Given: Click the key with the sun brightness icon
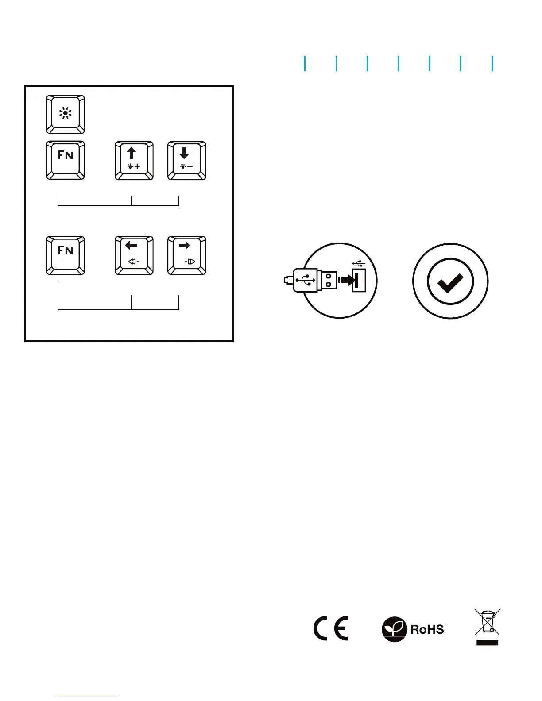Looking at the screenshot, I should [66, 114].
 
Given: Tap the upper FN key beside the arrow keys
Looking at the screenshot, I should [66, 160].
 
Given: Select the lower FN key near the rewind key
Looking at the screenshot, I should [66, 255].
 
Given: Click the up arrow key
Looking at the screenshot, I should [134, 160].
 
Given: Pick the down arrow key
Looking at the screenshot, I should [186, 160].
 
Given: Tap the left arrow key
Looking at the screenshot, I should [134, 255].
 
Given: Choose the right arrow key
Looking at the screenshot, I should [186, 255].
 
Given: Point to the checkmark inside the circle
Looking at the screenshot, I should [450, 281].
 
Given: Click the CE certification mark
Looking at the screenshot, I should [331, 628].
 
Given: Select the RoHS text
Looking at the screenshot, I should [427, 629].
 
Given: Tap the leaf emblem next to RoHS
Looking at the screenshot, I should [394, 629].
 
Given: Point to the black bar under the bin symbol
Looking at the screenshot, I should [488, 643].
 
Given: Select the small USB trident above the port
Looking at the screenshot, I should [359, 263].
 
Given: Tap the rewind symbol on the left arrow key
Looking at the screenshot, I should [133, 262].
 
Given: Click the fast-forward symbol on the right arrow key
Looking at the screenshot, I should [190, 262].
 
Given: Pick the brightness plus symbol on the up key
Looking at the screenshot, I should [134, 166].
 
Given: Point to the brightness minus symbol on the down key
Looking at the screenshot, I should [186, 166].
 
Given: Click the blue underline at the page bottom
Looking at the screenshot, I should [88, 697].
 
